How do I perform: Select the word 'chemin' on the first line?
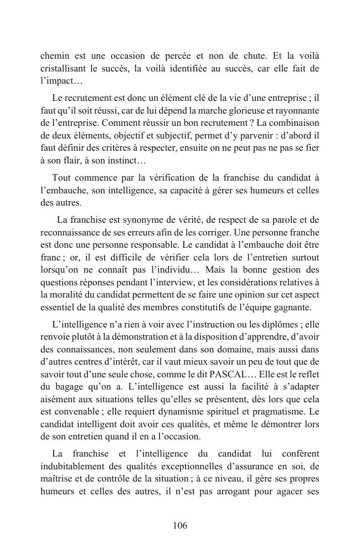(x=55, y=57)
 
